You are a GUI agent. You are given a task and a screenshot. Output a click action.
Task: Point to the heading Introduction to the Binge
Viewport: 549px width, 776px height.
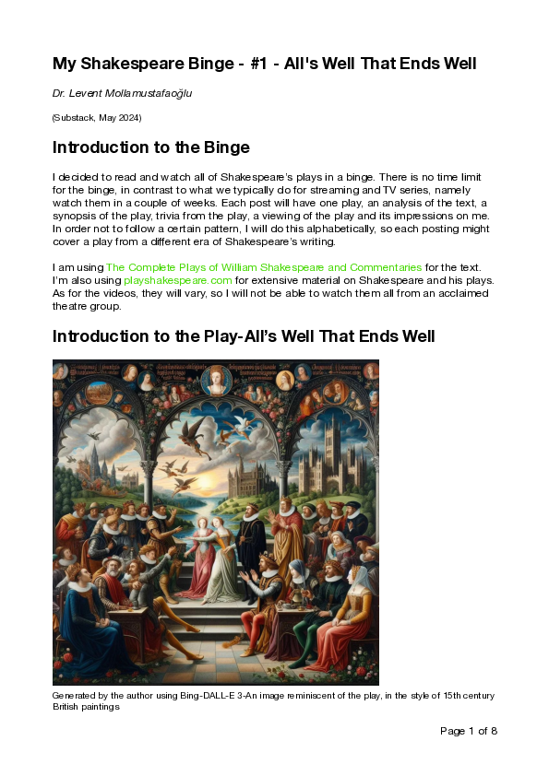(x=151, y=147)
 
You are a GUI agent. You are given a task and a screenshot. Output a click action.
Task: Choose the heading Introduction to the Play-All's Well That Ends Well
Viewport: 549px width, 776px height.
(x=244, y=336)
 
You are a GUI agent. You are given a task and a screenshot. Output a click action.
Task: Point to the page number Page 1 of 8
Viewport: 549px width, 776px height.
(x=469, y=731)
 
